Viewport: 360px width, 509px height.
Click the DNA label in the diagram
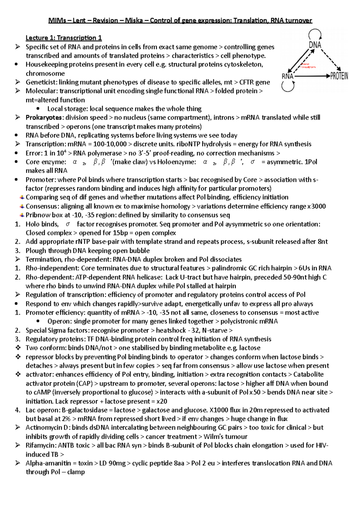pos(315,45)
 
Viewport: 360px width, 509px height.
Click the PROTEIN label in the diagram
pos(339,76)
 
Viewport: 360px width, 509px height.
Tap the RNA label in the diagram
pos(287,76)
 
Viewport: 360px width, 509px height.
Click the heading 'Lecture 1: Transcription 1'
pos(64,38)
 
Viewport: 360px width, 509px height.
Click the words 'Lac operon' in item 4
pos(42,410)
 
